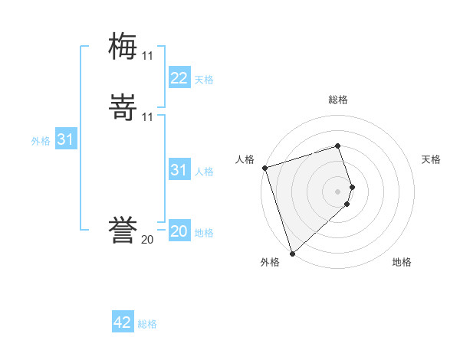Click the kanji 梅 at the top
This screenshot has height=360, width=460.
(x=123, y=47)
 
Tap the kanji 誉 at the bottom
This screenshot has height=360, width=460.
(x=123, y=231)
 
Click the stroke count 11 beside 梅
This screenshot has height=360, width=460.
(x=147, y=56)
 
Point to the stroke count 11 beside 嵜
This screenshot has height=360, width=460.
(x=147, y=117)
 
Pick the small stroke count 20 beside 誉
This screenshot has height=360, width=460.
(x=147, y=240)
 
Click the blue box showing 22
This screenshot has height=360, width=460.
(x=179, y=78)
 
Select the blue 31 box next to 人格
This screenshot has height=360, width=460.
(x=179, y=170)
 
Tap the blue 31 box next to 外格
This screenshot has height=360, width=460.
(x=65, y=139)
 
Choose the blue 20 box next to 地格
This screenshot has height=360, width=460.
(x=179, y=231)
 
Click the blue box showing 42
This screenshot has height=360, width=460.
(x=122, y=322)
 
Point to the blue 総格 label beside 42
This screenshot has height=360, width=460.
(x=147, y=324)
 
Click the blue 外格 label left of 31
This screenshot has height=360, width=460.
(x=41, y=141)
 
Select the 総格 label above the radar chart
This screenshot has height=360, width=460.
(x=337, y=100)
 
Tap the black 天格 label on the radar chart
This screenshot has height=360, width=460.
(x=431, y=159)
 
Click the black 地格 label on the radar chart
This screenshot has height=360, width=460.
(x=402, y=262)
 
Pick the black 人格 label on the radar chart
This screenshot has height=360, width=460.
(x=245, y=159)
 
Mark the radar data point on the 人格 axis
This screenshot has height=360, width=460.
(x=264, y=168)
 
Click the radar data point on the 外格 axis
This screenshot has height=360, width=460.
(x=292, y=252)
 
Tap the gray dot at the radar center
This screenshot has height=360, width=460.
(x=337, y=191)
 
